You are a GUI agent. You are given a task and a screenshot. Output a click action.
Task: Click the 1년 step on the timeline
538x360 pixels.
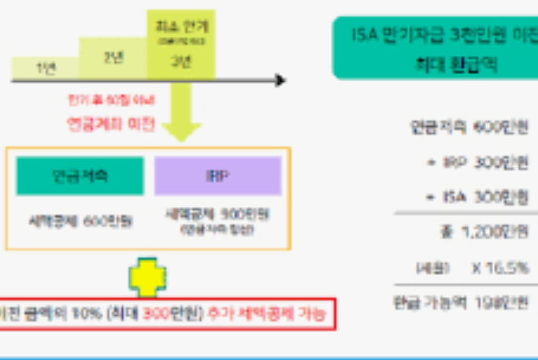pyautogui.click(x=46, y=68)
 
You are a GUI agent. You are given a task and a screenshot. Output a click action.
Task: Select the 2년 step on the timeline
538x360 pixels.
pyautogui.click(x=113, y=57)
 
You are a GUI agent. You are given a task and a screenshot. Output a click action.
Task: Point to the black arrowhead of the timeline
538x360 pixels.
pyautogui.click(x=280, y=80)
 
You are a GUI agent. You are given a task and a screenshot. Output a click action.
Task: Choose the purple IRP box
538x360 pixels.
pyautogui.click(x=218, y=176)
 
